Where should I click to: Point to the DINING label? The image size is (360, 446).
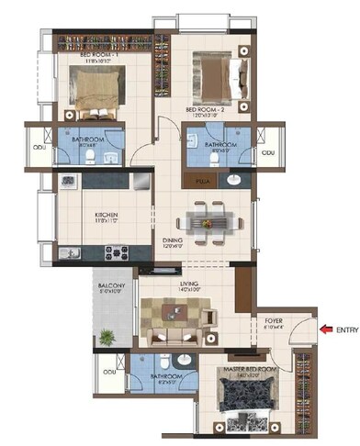[x=173, y=241]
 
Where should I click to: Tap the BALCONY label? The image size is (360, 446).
[x=111, y=287]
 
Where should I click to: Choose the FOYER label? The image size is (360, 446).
[x=275, y=322]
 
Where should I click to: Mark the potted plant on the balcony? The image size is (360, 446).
[x=107, y=339]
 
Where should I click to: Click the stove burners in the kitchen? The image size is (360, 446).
[x=116, y=252]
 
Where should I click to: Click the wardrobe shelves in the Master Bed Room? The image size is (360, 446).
[x=303, y=385]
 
